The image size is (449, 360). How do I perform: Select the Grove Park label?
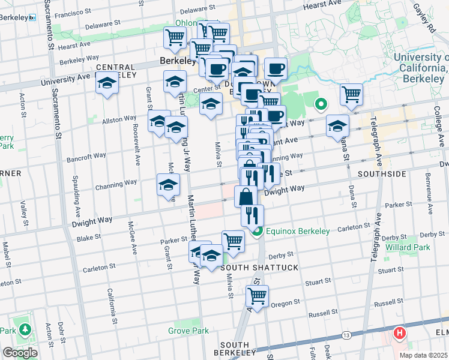(188, 331)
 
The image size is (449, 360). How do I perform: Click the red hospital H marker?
(399, 332)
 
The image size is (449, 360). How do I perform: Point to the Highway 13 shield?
(346, 334)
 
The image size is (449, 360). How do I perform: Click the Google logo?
(20, 353)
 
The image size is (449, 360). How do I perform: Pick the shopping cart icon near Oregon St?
(257, 296)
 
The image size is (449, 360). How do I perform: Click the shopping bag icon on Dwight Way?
(246, 196)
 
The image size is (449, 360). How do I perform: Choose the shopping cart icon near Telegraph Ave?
(351, 94)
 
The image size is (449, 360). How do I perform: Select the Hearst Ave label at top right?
(319, 4)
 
